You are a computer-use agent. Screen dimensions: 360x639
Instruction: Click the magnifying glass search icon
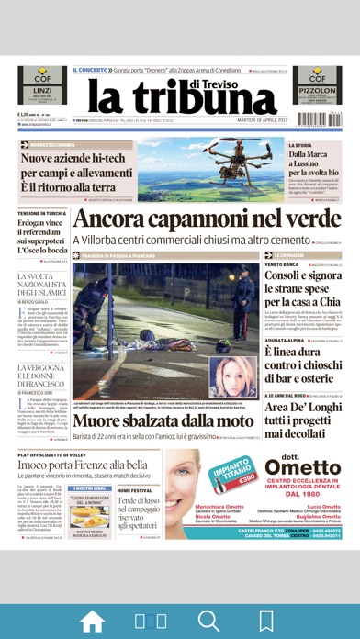click(x=208, y=619)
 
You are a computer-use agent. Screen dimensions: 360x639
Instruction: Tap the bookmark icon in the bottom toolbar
click(x=266, y=619)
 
